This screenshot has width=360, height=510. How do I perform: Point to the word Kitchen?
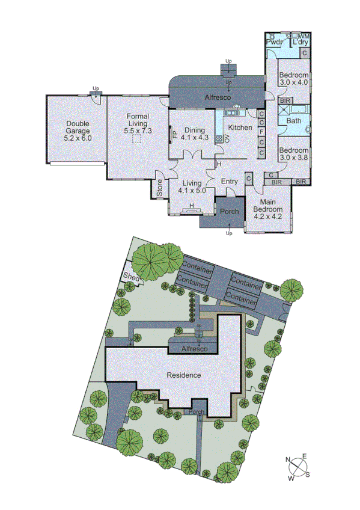point(240,127)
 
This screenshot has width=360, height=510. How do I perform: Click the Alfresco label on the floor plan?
point(218,97)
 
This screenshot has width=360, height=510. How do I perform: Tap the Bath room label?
point(294,121)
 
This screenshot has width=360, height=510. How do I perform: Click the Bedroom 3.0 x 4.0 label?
point(294,78)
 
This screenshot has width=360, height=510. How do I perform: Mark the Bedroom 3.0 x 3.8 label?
point(294,153)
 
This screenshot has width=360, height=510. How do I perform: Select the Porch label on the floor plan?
point(229,212)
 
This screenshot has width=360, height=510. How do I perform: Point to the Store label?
point(160,189)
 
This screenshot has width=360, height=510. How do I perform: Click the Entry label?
point(229,182)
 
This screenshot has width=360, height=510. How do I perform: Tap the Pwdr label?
point(275,43)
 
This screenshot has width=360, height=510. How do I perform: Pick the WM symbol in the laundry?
point(304,37)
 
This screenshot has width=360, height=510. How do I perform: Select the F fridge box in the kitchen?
point(261,131)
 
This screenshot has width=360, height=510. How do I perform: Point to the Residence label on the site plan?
point(184,375)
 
